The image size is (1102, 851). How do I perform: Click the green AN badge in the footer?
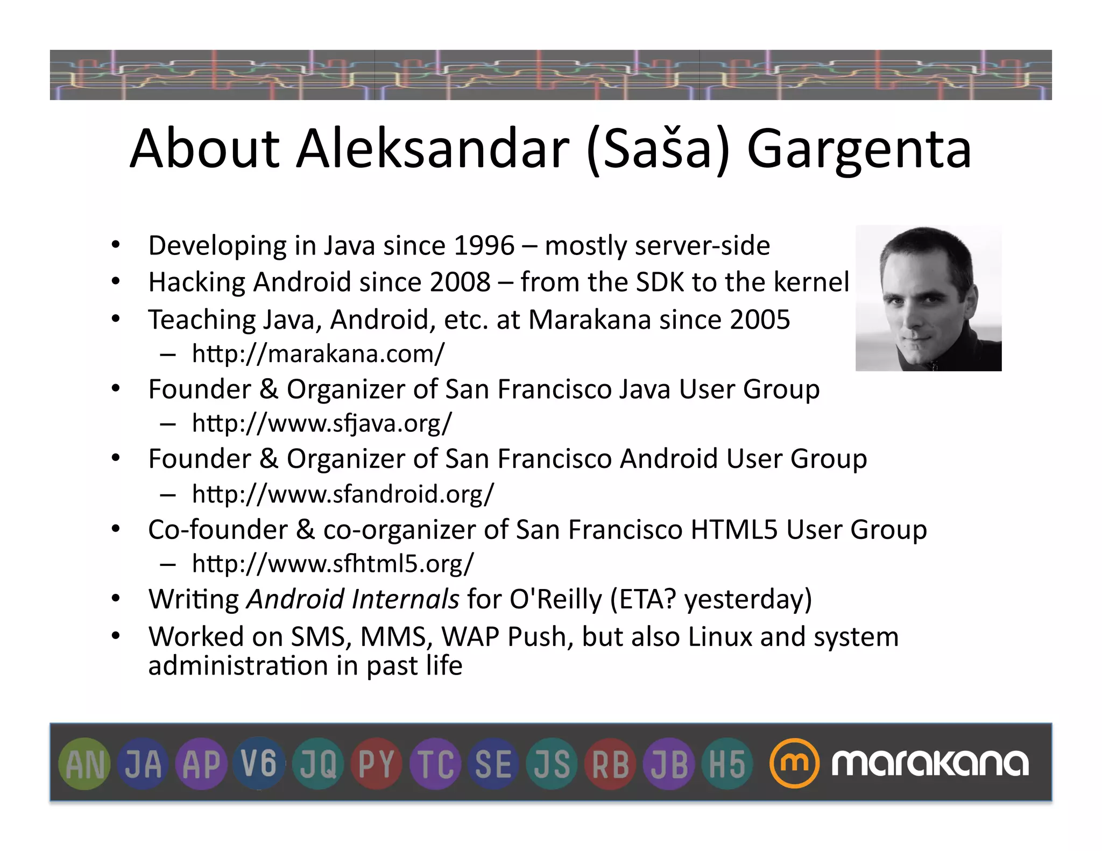(85, 764)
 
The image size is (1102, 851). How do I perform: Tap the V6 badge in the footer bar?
(259, 764)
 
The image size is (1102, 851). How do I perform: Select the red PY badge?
(376, 764)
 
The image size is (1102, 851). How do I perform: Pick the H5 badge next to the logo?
(727, 764)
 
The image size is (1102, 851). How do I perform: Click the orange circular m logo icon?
(794, 764)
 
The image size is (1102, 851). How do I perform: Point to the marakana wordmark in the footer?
(930, 764)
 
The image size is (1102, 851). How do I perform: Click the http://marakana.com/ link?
(318, 354)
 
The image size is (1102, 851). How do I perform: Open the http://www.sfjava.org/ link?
(322, 423)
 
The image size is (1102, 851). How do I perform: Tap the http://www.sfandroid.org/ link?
(343, 494)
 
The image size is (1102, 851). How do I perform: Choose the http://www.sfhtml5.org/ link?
(333, 564)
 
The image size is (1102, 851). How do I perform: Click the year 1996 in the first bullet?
(484, 246)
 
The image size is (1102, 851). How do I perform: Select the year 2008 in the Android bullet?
(460, 282)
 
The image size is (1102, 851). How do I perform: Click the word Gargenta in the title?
(859, 149)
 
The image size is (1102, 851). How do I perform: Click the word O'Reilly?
(556, 599)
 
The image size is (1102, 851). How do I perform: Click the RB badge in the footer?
(610, 764)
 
